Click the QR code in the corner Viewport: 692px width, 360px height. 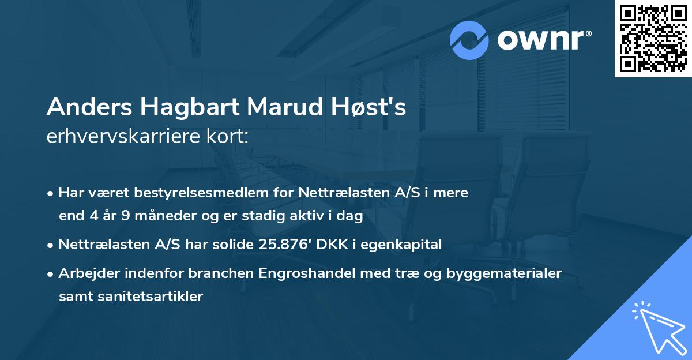pos(653,38)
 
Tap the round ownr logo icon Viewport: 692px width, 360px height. pos(469,40)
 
